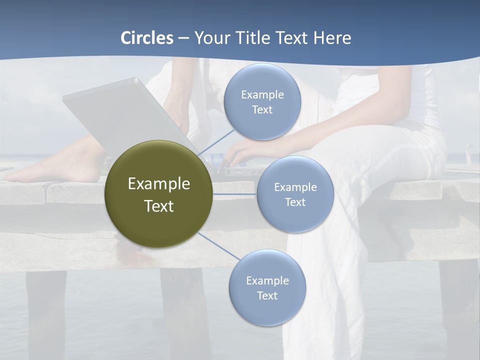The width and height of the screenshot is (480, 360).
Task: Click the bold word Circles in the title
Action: click(147, 38)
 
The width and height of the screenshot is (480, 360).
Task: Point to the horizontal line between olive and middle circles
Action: click(234, 193)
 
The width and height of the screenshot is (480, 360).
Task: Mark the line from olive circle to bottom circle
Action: click(219, 246)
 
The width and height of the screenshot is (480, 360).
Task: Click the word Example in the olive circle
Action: click(159, 183)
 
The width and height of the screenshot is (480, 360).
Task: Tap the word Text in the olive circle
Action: click(159, 205)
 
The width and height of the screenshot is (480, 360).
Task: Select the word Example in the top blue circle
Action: click(262, 94)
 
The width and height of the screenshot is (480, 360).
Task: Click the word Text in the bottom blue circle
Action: click(267, 295)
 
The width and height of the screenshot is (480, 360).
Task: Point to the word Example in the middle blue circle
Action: click(295, 187)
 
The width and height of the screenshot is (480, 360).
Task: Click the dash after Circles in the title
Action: click(183, 38)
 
